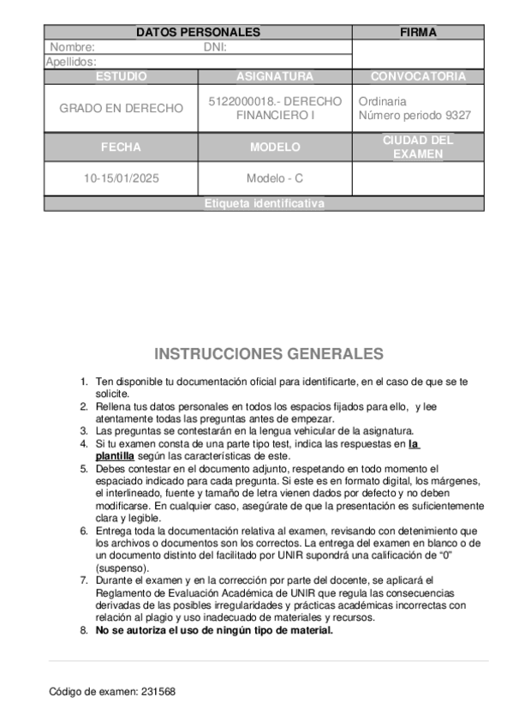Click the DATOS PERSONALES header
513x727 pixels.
[198, 33]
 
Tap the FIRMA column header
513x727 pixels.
[418, 33]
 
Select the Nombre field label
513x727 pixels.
[72, 48]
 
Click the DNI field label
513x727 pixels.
[215, 48]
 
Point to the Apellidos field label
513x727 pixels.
[71, 62]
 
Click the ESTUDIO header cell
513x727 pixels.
[121, 76]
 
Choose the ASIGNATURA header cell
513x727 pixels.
[275, 76]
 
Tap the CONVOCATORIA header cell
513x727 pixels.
[418, 76]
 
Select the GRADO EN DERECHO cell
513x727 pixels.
[121, 108]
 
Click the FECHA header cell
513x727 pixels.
[121, 147]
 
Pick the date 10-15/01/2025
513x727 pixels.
[121, 179]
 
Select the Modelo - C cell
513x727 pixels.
[275, 179]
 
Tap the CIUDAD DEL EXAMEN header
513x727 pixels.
[418, 147]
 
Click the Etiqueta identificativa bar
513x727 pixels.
[265, 204]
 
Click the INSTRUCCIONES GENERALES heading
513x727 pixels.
[269, 354]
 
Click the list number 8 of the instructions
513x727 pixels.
[84, 630]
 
